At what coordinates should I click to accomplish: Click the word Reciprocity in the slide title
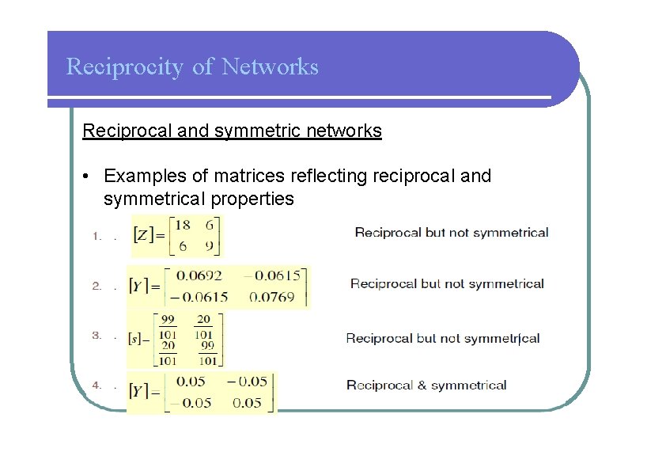point(126,67)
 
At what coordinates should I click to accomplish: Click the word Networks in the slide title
point(271,66)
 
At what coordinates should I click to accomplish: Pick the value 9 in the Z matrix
point(208,246)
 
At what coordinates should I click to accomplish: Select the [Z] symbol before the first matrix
point(143,235)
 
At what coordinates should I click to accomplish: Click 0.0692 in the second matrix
point(199,276)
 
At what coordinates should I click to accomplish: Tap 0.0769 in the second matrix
point(271,297)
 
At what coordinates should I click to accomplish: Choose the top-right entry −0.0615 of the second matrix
point(271,276)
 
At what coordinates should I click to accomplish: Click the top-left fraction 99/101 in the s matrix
point(168,325)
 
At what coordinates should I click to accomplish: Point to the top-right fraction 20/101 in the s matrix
point(203,325)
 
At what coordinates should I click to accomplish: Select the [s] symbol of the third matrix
point(136,339)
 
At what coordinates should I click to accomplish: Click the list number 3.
point(96,336)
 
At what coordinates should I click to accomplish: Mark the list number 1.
point(96,235)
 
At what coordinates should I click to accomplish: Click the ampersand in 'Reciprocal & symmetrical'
point(421,386)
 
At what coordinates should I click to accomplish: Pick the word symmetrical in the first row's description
point(509,233)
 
